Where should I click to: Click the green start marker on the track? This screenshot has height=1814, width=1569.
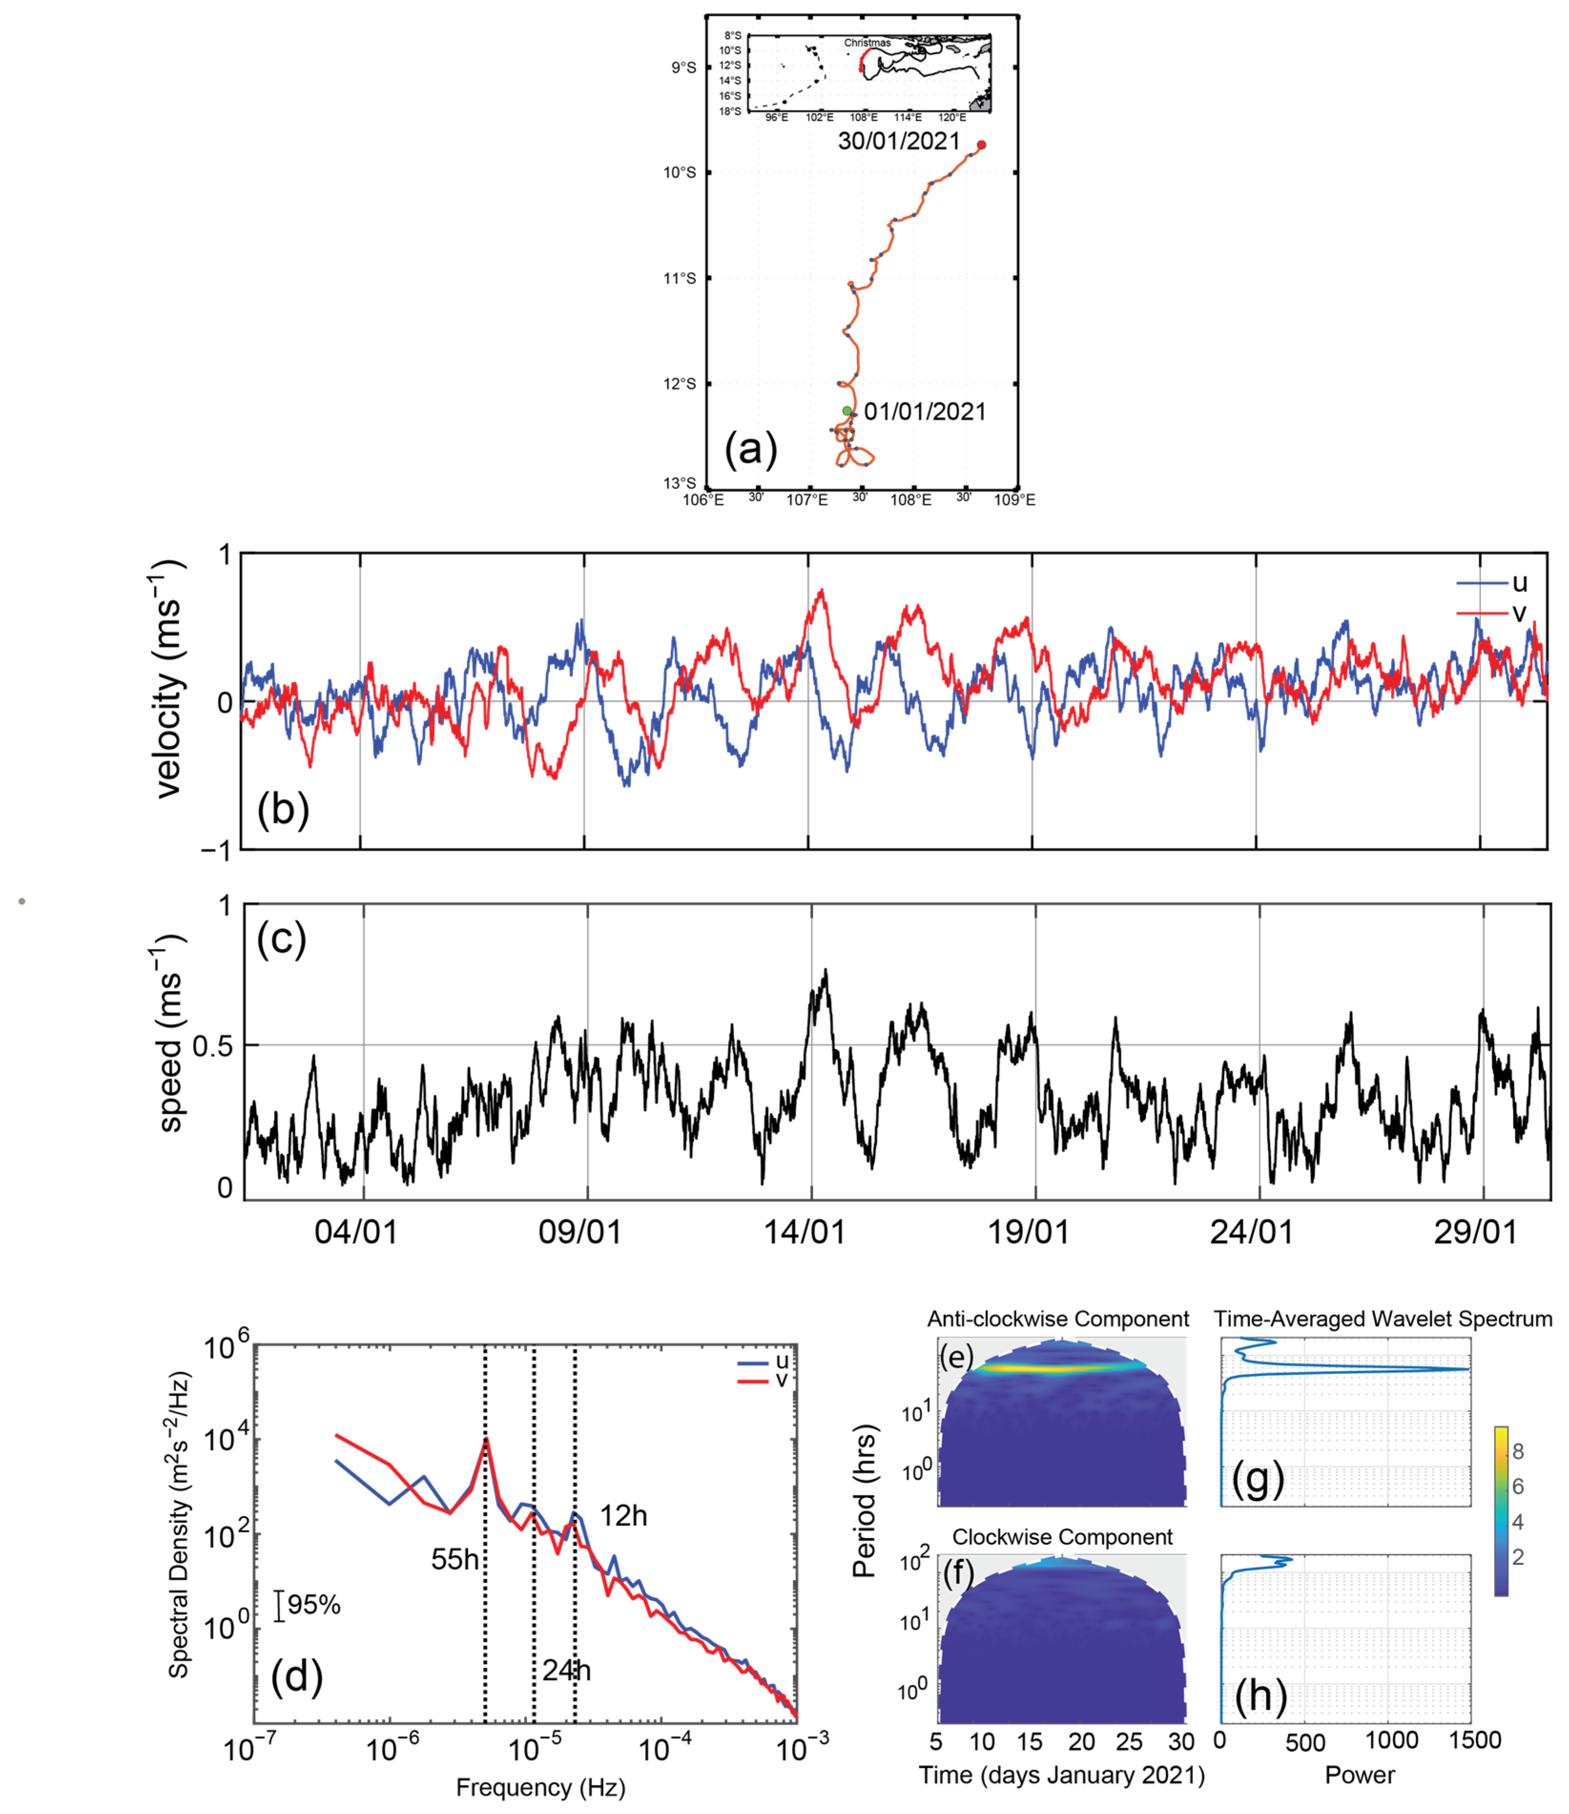pyautogui.click(x=847, y=410)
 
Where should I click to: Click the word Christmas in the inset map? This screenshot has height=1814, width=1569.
pyautogui.click(x=867, y=42)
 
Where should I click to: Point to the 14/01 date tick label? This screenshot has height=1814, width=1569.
pyautogui.click(x=805, y=1233)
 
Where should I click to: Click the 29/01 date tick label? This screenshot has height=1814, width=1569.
pyautogui.click(x=1475, y=1233)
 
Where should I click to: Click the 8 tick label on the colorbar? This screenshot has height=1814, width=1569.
pyautogui.click(x=1518, y=1452)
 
